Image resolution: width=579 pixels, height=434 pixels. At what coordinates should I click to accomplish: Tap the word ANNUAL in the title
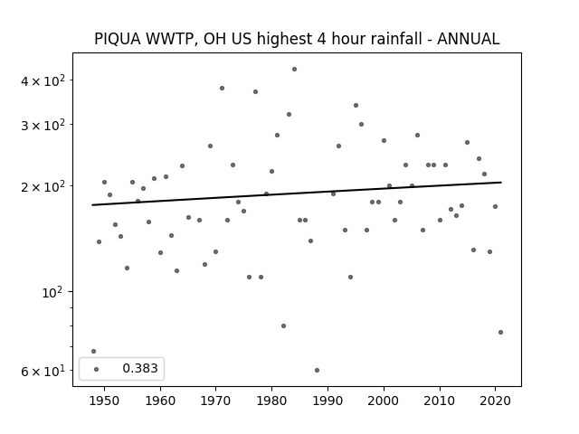(x=469, y=39)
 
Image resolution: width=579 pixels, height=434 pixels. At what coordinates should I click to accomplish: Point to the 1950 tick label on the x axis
(x=104, y=401)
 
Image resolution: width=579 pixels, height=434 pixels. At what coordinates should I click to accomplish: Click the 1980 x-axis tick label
(x=271, y=401)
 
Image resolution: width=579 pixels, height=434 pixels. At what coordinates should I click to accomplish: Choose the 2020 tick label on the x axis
(x=495, y=401)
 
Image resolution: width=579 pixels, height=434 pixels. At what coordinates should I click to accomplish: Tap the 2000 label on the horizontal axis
(x=384, y=401)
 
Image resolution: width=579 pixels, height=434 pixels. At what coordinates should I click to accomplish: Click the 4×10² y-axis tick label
(x=43, y=80)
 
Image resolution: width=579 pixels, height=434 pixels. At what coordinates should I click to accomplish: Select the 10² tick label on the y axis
(x=52, y=292)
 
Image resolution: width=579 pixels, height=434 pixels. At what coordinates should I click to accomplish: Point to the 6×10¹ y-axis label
(x=43, y=371)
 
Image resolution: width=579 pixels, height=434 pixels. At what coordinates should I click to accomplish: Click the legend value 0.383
(x=140, y=368)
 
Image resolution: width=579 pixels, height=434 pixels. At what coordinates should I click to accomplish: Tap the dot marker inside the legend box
(x=97, y=369)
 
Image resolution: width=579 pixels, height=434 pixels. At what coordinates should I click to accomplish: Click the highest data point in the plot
(x=294, y=69)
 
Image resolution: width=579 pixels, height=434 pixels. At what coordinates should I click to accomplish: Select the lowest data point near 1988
(x=317, y=370)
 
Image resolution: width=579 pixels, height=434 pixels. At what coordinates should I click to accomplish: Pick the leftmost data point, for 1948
(x=93, y=351)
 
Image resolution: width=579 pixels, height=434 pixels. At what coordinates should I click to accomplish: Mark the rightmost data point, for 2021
(x=500, y=332)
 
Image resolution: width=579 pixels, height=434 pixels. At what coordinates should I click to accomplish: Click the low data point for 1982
(x=283, y=325)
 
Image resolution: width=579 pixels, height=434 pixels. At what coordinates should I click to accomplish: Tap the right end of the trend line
(x=501, y=183)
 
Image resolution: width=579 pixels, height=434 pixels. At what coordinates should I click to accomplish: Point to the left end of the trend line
(x=92, y=205)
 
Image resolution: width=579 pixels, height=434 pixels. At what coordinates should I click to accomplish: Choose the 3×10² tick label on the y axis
(x=43, y=125)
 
